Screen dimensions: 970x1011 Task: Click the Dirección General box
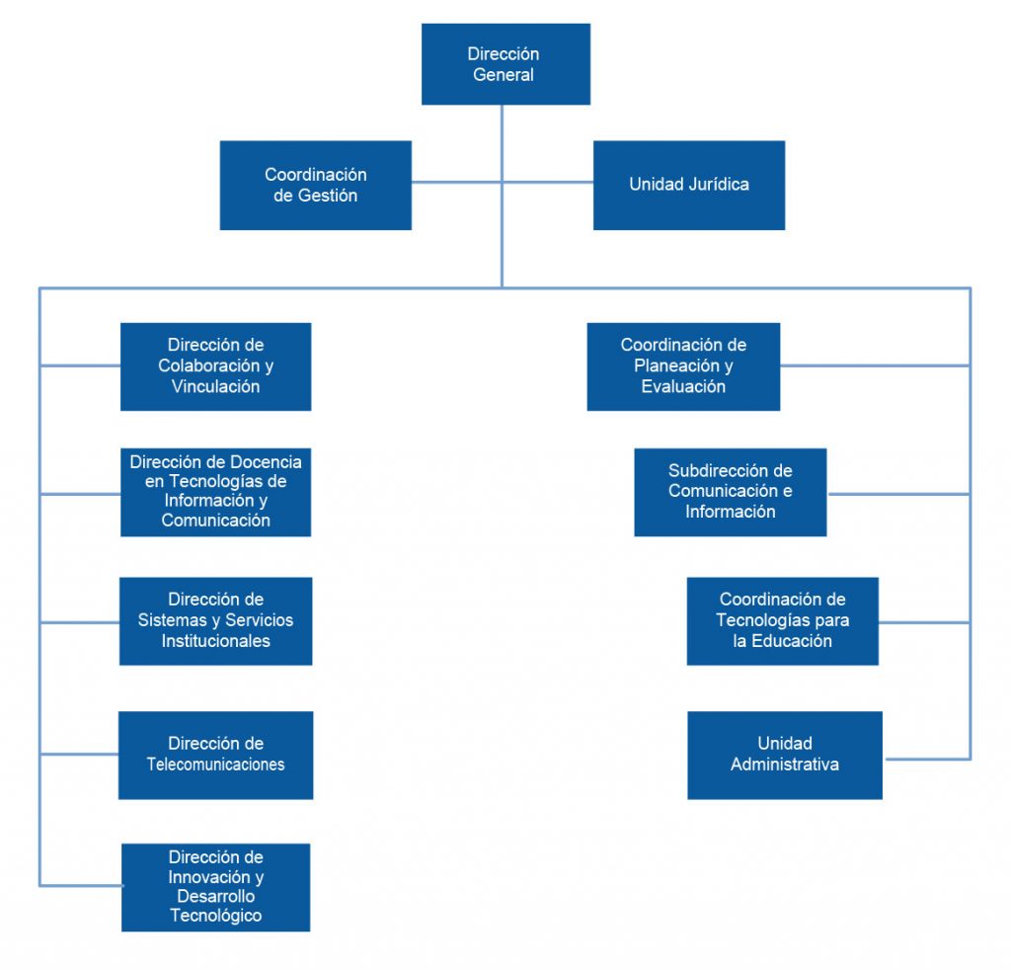(505, 64)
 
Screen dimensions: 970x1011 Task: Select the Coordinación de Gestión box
(315, 185)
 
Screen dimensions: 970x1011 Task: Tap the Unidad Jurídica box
(688, 185)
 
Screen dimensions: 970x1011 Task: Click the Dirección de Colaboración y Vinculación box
(215, 366)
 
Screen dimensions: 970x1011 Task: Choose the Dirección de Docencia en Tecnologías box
(215, 492)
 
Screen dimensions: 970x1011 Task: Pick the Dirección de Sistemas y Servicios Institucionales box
(215, 620)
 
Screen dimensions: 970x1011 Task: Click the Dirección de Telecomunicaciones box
(215, 755)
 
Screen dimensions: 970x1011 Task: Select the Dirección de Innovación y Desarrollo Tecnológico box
(215, 887)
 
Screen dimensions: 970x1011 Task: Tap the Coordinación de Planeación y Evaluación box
(683, 366)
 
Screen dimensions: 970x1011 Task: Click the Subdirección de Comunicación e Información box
(730, 492)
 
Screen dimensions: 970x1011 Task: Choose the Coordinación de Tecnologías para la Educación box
(782, 620)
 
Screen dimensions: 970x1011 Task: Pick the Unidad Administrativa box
(784, 755)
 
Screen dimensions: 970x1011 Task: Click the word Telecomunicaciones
(215, 765)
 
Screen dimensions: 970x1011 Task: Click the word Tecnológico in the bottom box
(215, 916)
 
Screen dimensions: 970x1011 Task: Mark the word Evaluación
(683, 387)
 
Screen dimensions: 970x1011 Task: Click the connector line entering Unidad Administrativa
(926, 759)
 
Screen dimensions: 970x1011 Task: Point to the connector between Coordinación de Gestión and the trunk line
(456, 182)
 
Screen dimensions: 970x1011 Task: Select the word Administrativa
(784, 765)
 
